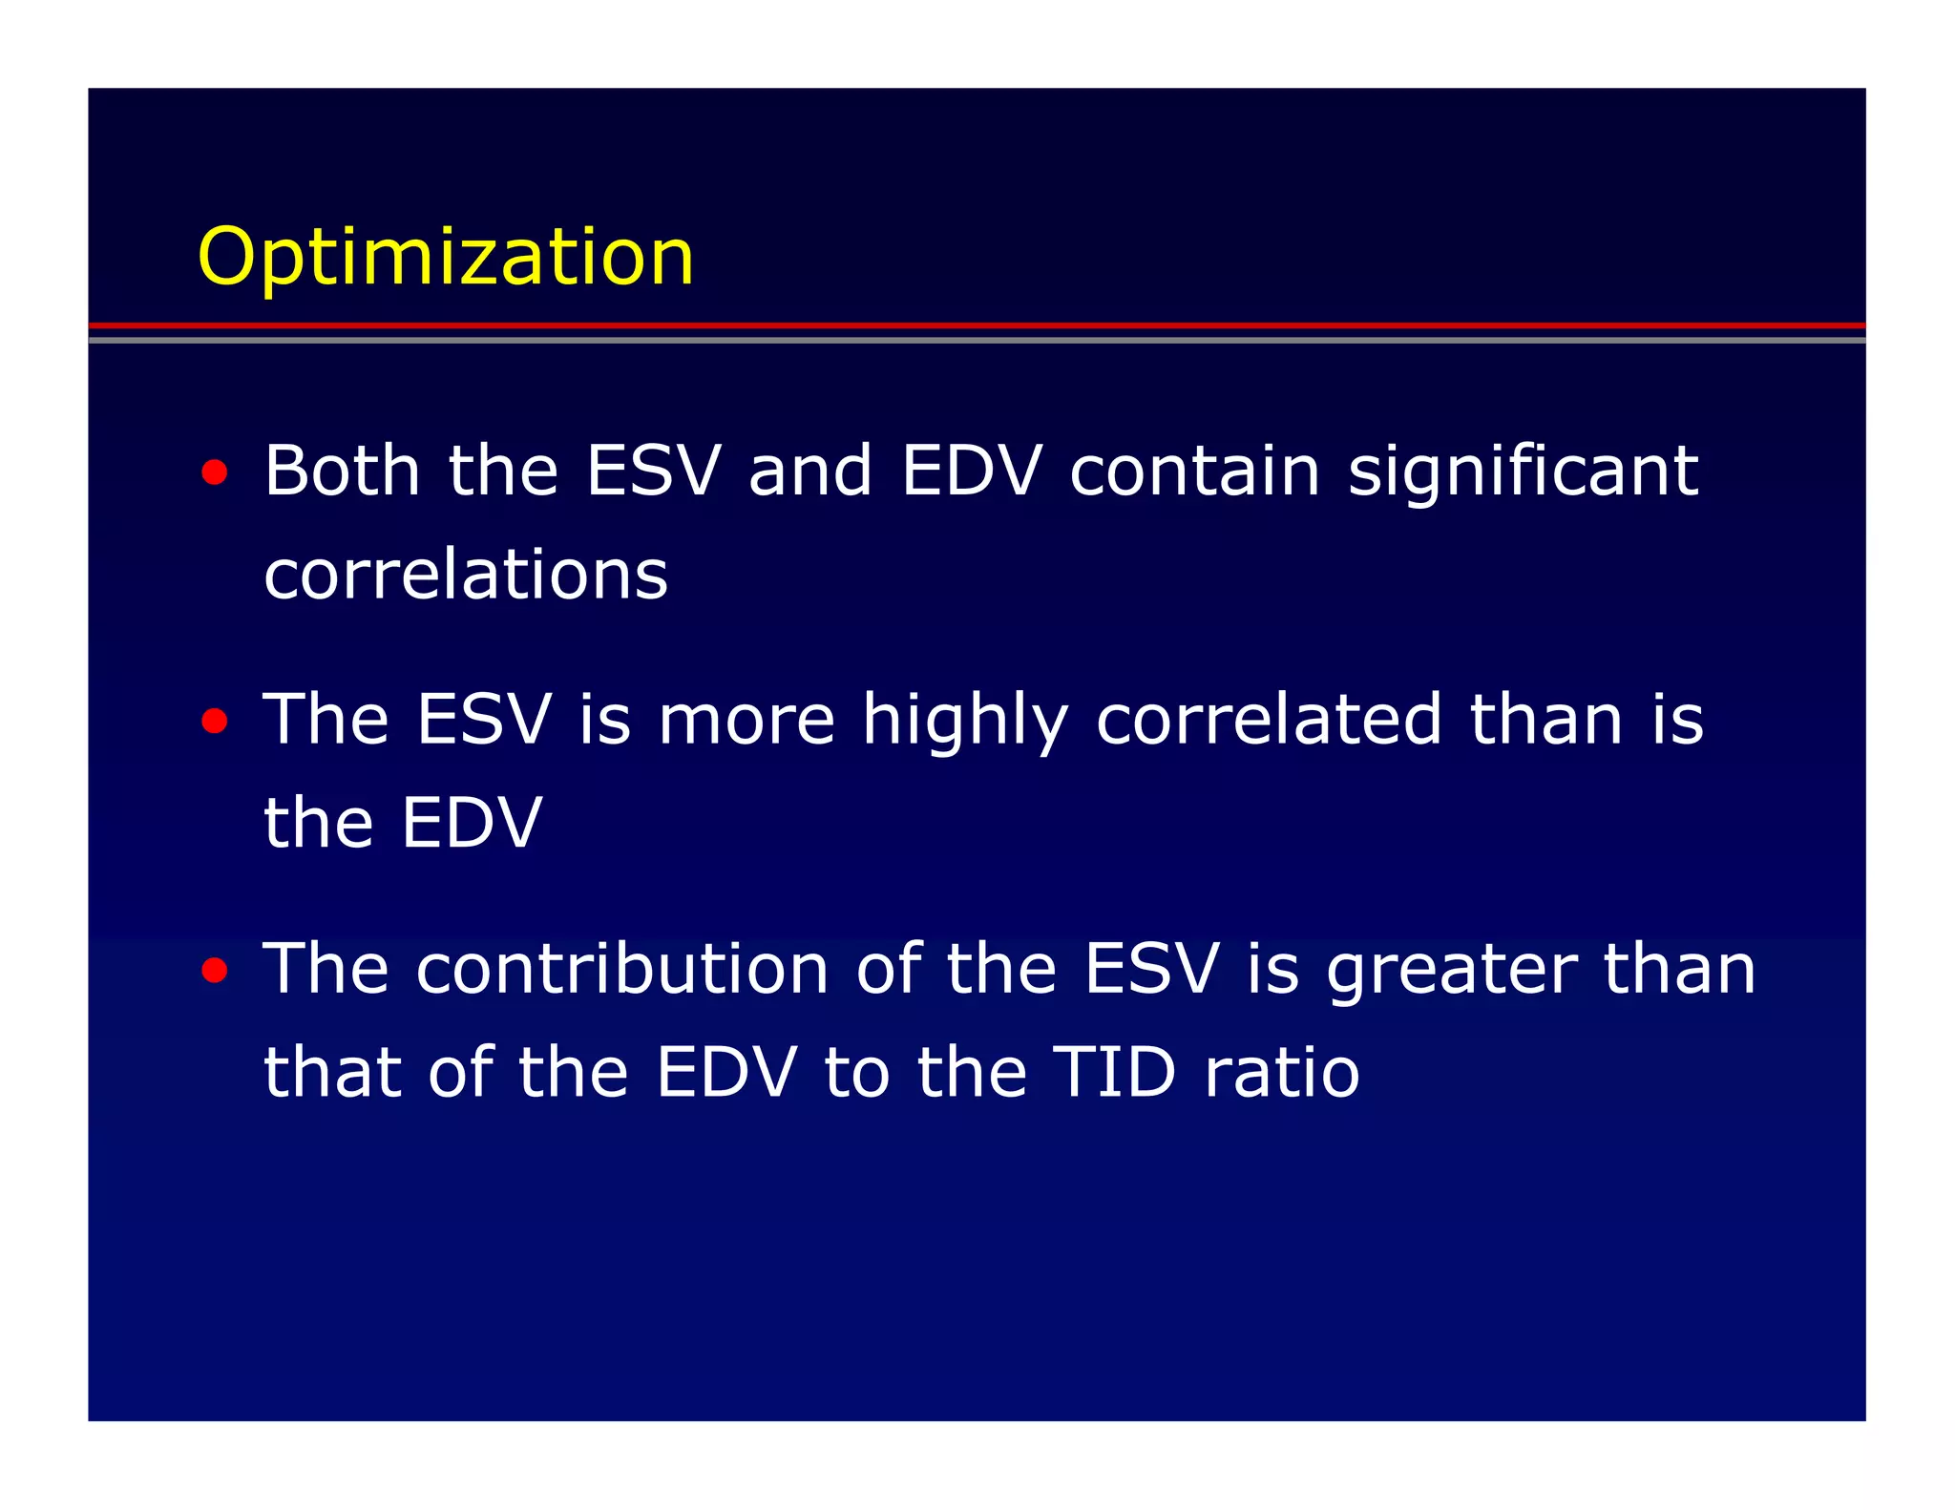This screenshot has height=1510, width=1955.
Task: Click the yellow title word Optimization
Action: coord(445,258)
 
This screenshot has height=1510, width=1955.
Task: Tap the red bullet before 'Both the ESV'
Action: coord(215,472)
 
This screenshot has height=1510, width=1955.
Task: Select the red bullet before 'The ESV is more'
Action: coord(215,721)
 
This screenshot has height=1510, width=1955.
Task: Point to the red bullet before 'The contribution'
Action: coord(215,970)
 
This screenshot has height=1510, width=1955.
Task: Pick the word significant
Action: coord(1523,472)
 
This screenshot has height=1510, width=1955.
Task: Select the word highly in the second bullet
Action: coord(964,722)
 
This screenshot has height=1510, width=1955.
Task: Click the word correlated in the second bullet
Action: coord(1269,720)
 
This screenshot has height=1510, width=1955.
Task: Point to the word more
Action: coord(746,722)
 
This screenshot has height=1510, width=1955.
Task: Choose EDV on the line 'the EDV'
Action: coord(472,823)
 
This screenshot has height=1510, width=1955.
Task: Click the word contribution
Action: coord(622,969)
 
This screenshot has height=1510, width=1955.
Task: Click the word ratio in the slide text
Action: coord(1281,1073)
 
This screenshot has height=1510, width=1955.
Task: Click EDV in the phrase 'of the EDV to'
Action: coord(725,1073)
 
